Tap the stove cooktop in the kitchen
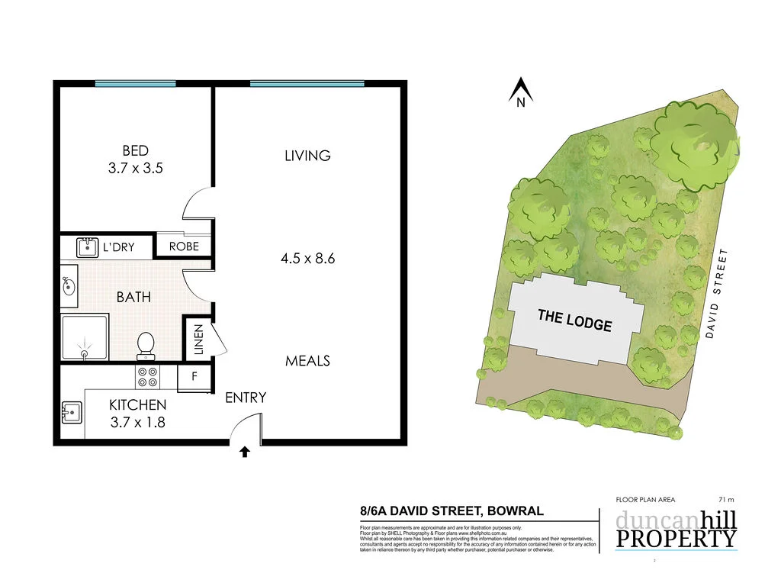(146, 377)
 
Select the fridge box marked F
(194, 377)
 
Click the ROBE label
(183, 246)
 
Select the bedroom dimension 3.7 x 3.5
(135, 169)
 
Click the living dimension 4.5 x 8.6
(308, 258)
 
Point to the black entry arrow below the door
(245, 452)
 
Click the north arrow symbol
(521, 92)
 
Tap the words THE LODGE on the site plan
(574, 319)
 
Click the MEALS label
(307, 360)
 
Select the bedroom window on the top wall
(135, 83)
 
